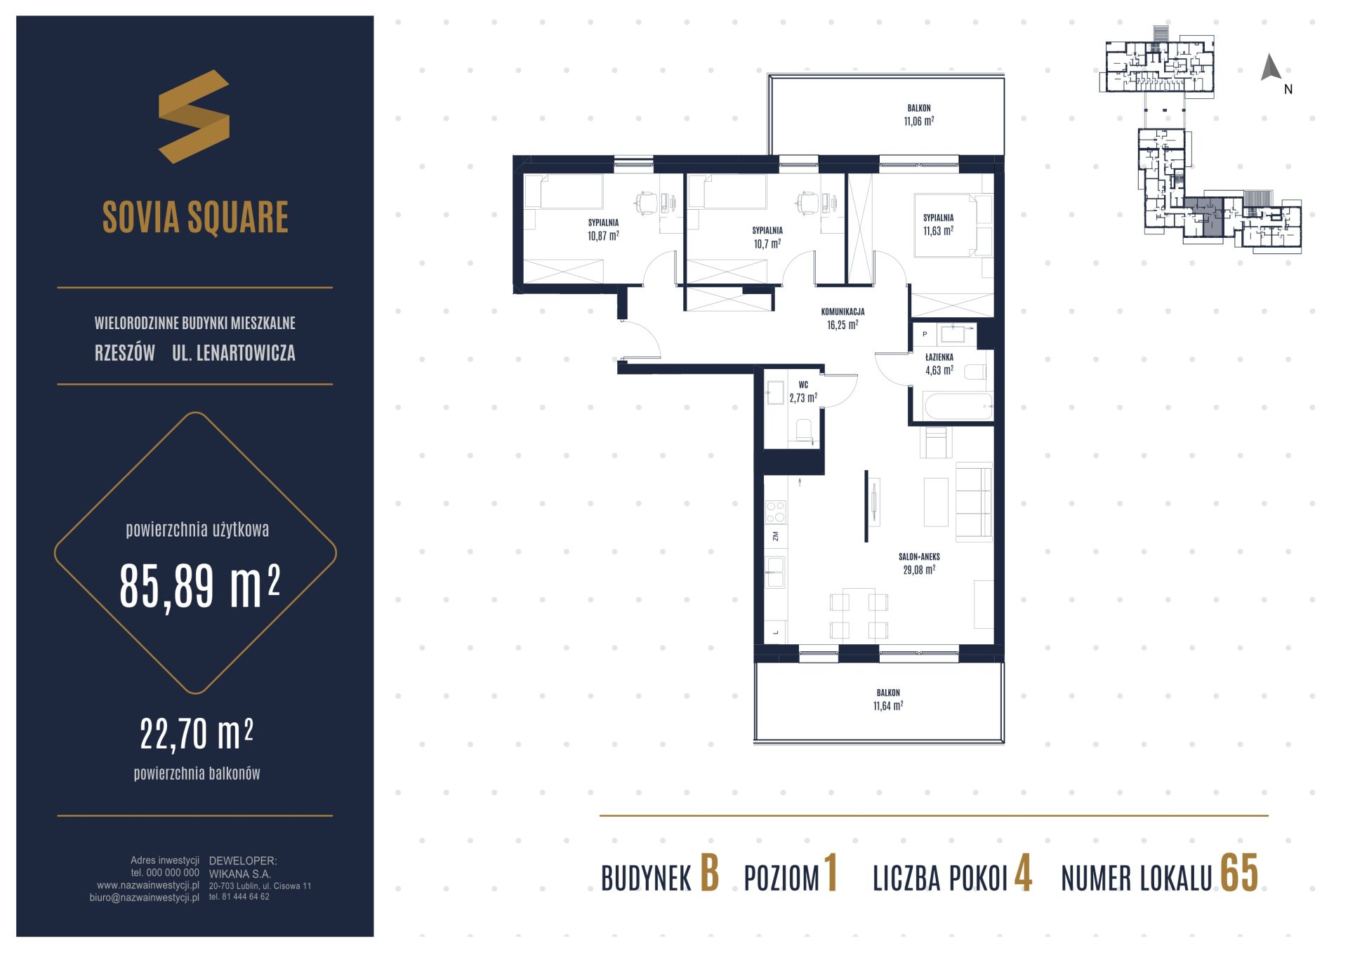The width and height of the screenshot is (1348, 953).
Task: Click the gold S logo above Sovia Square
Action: (x=194, y=116)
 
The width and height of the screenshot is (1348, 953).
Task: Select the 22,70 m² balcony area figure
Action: (x=197, y=734)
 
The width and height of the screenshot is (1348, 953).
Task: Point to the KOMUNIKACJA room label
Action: (x=842, y=312)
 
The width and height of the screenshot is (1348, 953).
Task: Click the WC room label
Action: (x=803, y=385)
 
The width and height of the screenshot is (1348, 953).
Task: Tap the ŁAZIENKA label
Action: (x=939, y=357)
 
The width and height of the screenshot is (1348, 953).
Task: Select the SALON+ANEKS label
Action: (x=919, y=557)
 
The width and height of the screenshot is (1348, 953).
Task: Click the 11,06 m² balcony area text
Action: (x=918, y=121)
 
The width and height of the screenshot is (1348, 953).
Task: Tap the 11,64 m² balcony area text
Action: (x=887, y=706)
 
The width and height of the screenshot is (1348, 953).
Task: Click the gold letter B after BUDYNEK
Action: (x=709, y=874)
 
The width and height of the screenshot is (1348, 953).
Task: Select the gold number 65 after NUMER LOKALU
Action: (x=1239, y=874)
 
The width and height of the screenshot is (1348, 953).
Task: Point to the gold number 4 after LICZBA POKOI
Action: (x=1023, y=874)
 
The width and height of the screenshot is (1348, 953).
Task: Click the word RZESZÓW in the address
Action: (x=124, y=353)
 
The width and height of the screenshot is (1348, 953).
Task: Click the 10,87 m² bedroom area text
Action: (x=603, y=236)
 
